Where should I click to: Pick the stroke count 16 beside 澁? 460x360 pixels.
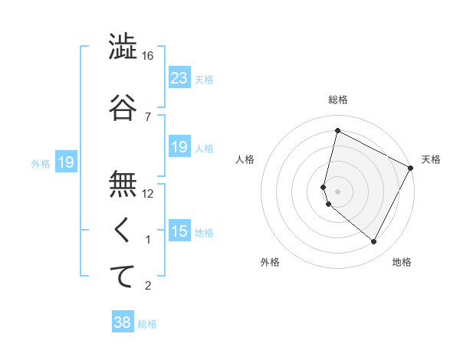147,56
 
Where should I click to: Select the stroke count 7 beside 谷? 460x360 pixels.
148,116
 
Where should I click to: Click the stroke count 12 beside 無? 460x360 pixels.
148,194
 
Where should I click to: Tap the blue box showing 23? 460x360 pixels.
179,78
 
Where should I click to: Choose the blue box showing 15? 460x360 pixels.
179,231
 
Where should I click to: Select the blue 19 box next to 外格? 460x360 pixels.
65,162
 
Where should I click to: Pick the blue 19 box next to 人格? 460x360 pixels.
179,147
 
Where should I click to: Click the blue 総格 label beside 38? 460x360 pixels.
147,324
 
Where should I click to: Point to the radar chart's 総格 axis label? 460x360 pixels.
337,100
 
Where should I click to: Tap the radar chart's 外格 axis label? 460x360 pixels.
270,262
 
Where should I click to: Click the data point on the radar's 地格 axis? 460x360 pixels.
373,242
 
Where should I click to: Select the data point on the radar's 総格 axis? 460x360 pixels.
337,131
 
